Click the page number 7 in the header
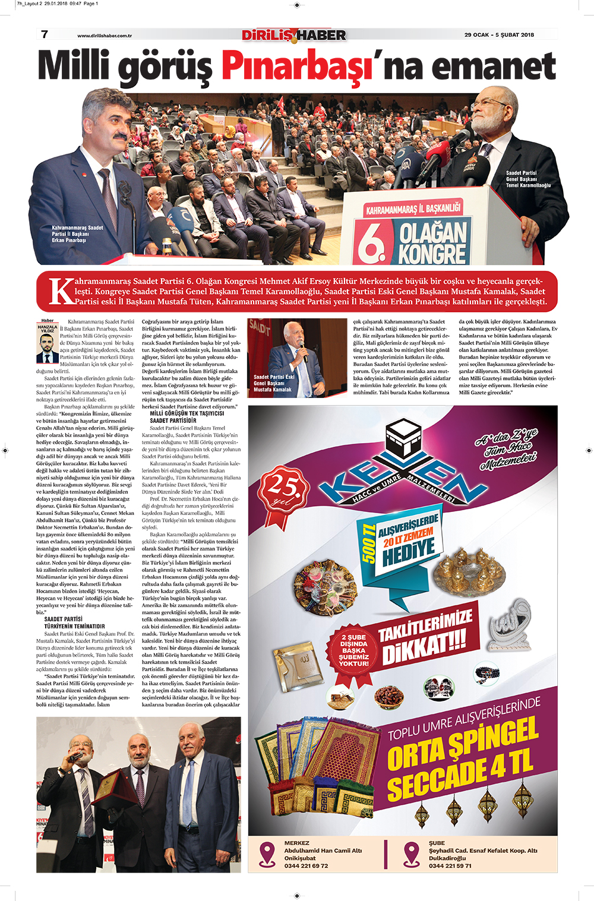(x=45, y=34)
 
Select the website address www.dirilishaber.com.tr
(x=105, y=36)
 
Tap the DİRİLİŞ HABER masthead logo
(x=294, y=36)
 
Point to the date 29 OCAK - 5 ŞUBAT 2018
(x=499, y=35)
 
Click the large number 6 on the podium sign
(x=371, y=242)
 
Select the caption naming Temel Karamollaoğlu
(x=528, y=179)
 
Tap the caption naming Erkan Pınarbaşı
(x=77, y=234)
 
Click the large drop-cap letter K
(x=61, y=291)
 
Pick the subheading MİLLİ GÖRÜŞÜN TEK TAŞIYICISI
(x=187, y=413)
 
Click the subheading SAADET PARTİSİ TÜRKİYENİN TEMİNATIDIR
(x=74, y=622)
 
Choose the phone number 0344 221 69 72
(x=306, y=866)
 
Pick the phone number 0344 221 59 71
(x=450, y=866)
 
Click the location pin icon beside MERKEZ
(x=267, y=854)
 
